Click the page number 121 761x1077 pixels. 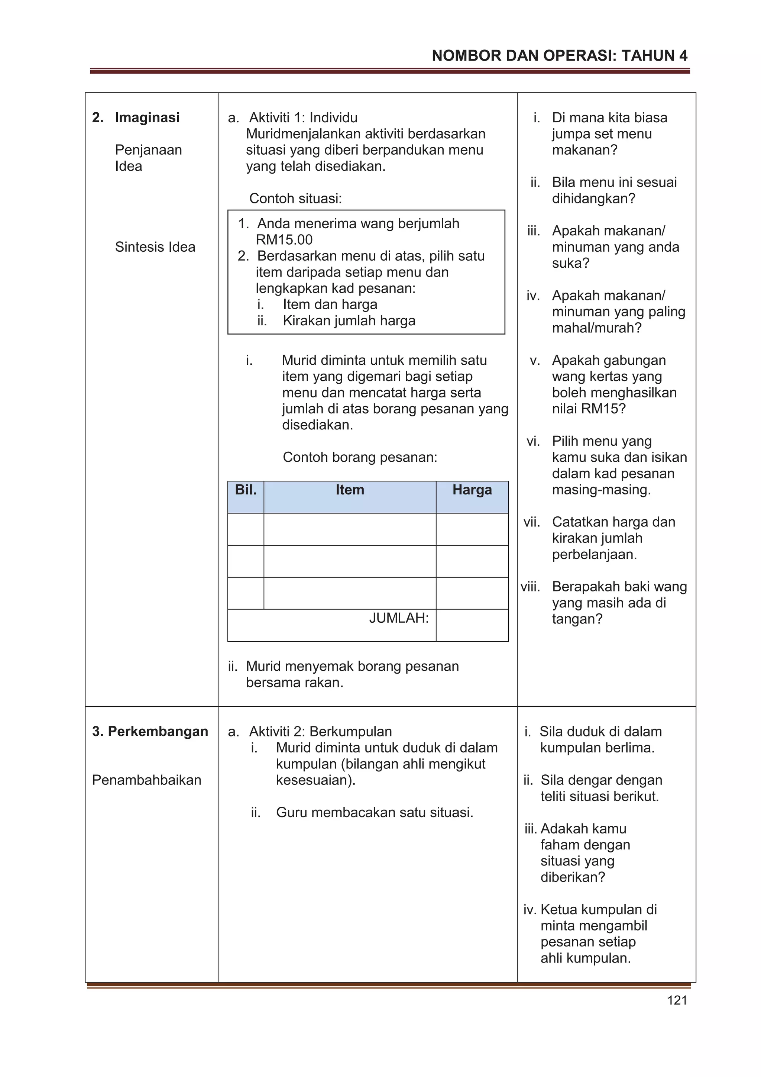point(677,1000)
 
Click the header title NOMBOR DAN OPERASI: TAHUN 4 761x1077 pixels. point(559,56)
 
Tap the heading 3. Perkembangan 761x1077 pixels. point(150,731)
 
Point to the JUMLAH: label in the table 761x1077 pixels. point(399,618)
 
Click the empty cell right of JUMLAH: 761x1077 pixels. point(472,625)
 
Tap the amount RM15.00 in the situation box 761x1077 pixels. point(284,240)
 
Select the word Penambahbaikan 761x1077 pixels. point(146,780)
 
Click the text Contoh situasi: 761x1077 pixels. point(295,199)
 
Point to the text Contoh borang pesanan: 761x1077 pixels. point(360,457)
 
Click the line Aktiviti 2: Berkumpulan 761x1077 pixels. point(320,731)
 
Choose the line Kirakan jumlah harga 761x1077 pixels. point(349,320)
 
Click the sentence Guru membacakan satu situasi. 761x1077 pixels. point(374,812)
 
